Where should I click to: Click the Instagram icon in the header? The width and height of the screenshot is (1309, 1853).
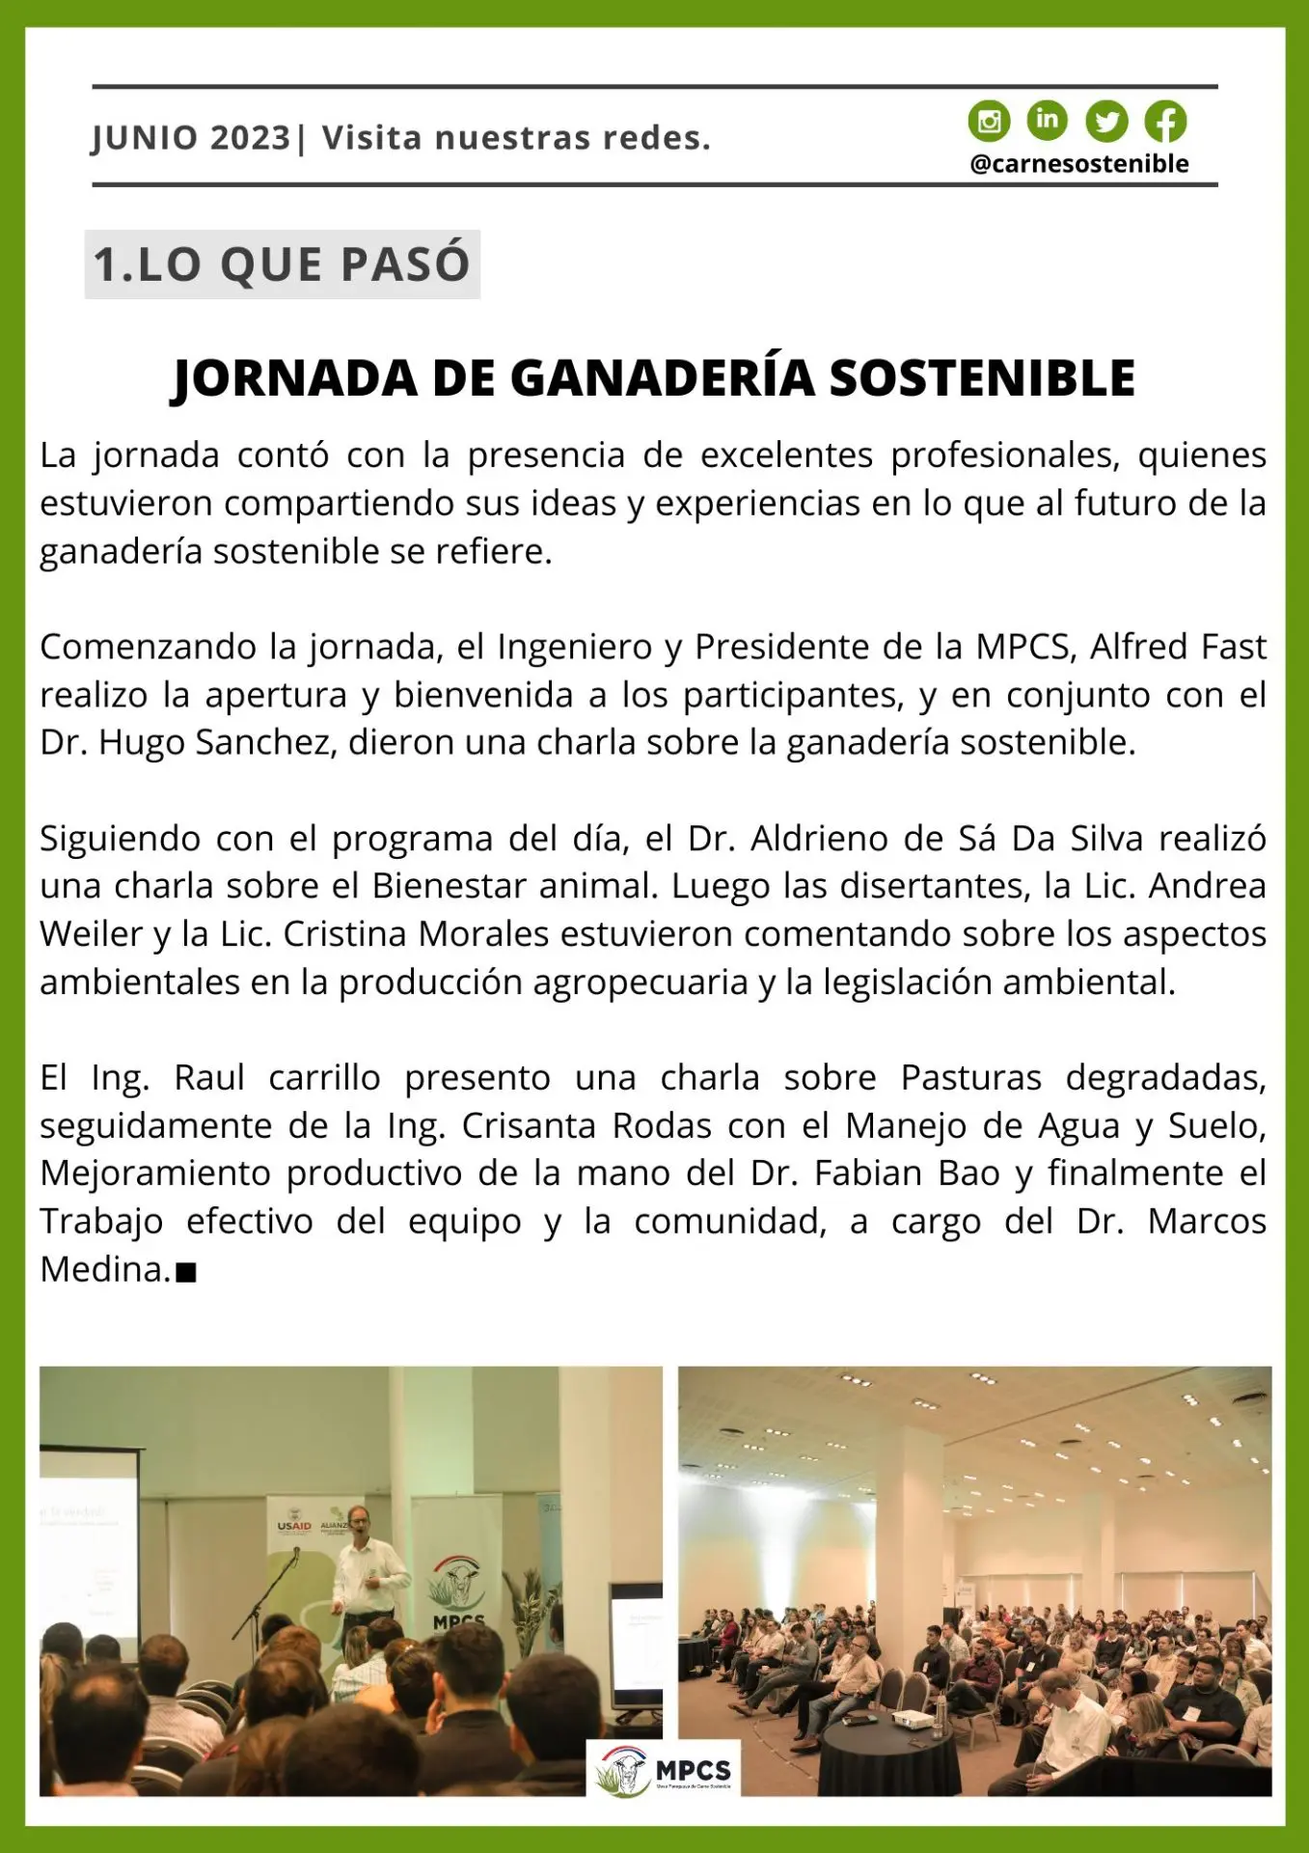click(989, 122)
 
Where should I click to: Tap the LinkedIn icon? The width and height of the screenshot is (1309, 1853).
click(1047, 120)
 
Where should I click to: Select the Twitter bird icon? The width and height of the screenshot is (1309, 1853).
click(1106, 122)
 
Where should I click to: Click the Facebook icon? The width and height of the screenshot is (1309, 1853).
click(1165, 122)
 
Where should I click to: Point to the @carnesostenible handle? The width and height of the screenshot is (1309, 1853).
click(1078, 164)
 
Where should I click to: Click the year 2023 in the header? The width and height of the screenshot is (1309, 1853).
click(250, 138)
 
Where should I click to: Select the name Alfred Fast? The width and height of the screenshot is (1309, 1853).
click(1177, 647)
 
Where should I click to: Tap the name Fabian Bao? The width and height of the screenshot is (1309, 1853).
click(907, 1174)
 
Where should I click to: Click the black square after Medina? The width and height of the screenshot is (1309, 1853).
click(187, 1273)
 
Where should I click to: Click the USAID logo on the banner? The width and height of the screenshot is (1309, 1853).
click(294, 1526)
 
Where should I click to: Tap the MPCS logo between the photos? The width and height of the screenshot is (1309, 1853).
click(664, 1770)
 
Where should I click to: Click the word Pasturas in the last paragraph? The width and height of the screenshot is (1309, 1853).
click(970, 1077)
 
